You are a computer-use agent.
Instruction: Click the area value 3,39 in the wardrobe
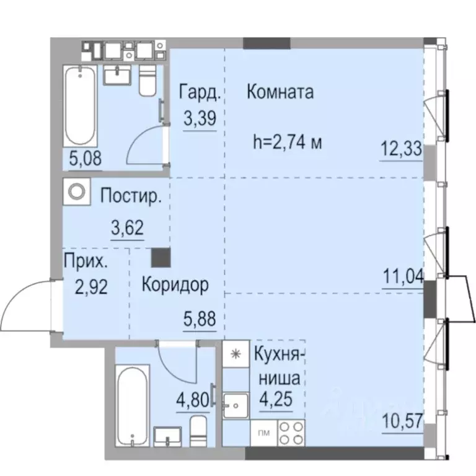[x=199, y=117]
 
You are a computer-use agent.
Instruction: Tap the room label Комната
[x=280, y=92]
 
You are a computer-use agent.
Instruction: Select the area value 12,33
[x=402, y=150]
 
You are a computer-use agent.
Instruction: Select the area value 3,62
[x=127, y=227]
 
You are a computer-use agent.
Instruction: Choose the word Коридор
[x=175, y=285]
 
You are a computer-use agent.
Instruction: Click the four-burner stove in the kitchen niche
[x=291, y=432]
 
